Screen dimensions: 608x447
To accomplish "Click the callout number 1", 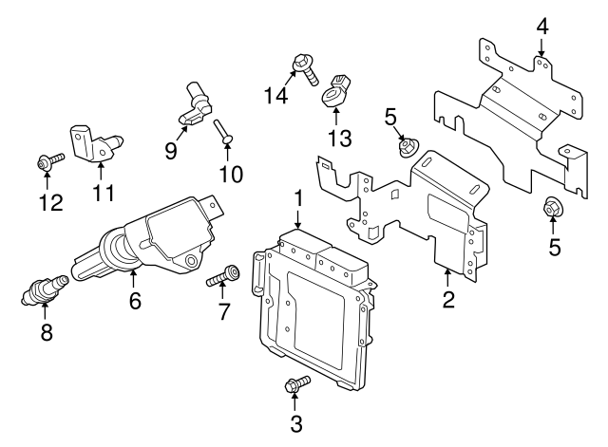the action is pos(298,199).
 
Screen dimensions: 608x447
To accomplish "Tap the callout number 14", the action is pos(276,95).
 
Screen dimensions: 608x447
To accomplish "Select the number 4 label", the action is pos(542,27).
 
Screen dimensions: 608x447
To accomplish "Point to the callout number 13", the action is pos(340,138).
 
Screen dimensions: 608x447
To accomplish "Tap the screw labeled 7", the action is pos(223,275).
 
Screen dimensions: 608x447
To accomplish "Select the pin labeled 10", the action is pos(223,132).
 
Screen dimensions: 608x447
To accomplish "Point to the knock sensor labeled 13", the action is pos(336,91).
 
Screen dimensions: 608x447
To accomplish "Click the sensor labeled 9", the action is pos(196,105).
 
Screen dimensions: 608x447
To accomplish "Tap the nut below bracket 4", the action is pos(552,208).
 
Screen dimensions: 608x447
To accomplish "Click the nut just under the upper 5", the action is pos(407,147).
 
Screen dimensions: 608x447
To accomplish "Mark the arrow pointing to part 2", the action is pos(447,278).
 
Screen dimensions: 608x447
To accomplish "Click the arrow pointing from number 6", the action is pos(133,280).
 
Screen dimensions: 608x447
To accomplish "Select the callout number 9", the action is pos(171,150).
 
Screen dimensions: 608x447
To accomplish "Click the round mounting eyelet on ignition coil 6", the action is pos(191,260).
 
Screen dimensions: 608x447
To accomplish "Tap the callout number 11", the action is pos(104,193).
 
